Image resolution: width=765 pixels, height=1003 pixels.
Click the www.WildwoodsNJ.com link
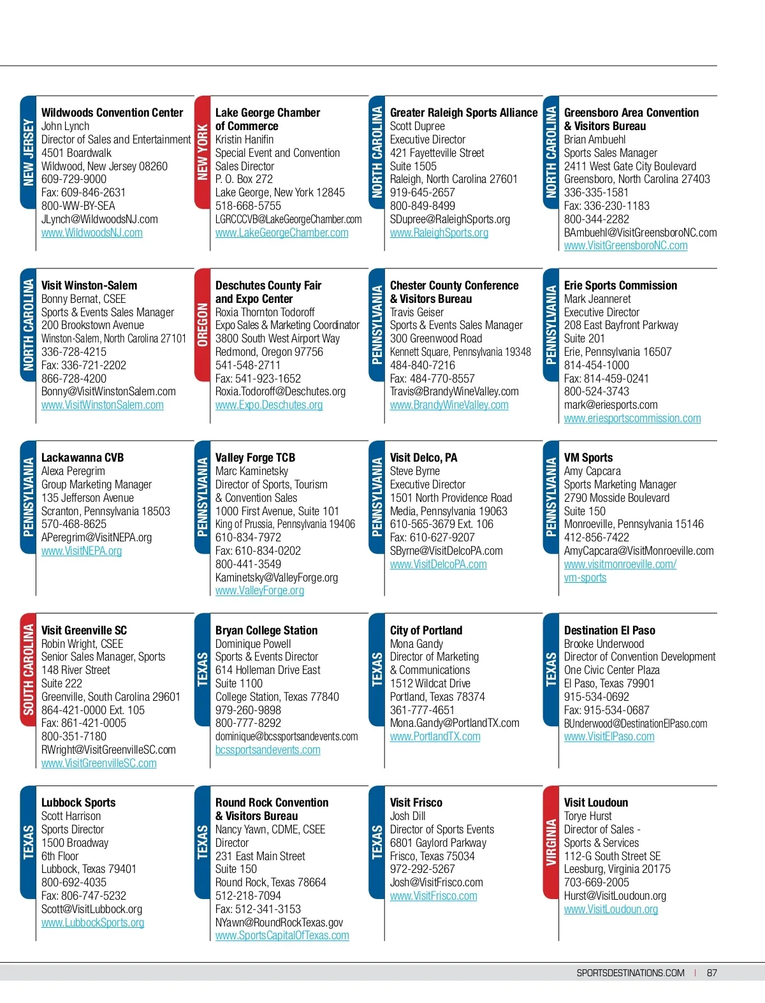coord(92,233)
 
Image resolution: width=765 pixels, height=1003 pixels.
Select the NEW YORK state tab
coord(202,152)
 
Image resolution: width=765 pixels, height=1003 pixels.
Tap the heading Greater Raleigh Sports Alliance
coord(463,113)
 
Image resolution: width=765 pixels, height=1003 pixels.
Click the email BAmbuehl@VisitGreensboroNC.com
coord(640,233)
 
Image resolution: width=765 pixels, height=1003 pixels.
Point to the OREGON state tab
coord(202,325)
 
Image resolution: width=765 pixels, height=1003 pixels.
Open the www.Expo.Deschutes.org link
coord(268,405)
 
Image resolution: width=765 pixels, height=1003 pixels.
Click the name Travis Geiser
coord(417,312)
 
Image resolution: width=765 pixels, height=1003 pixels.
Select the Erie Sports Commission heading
coord(620,286)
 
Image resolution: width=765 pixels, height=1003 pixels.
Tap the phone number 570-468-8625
coord(74,524)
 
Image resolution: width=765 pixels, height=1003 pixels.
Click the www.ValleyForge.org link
coord(259,590)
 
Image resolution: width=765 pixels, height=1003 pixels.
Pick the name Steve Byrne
coord(414,471)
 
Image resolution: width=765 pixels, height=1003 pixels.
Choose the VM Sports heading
coord(588,458)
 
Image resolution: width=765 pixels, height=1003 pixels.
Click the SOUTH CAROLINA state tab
coord(28,670)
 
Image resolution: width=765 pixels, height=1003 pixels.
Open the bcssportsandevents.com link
coord(268,750)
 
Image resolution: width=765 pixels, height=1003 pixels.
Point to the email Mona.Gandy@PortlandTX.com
coord(455,723)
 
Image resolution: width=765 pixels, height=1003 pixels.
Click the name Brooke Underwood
coord(604,644)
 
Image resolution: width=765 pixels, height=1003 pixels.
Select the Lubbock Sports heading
coord(78,803)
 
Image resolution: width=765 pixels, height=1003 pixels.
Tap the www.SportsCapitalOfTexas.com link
coord(282,935)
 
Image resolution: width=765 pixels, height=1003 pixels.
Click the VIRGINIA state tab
coord(551,842)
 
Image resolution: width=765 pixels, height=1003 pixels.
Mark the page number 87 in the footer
coord(712,973)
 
